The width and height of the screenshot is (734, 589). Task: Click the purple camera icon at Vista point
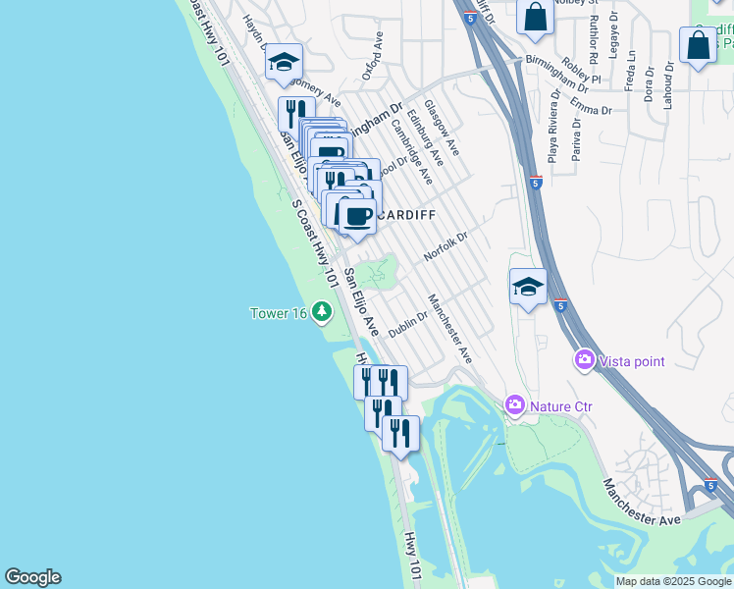[585, 361]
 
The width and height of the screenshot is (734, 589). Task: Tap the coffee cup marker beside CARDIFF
[357, 214]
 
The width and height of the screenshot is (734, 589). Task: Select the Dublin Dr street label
[407, 325]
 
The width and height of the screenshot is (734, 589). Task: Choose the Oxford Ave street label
[371, 57]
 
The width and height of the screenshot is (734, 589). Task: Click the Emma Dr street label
[590, 106]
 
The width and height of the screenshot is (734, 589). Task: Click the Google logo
[32, 577]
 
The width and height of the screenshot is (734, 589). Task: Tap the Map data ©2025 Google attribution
[673, 581]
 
